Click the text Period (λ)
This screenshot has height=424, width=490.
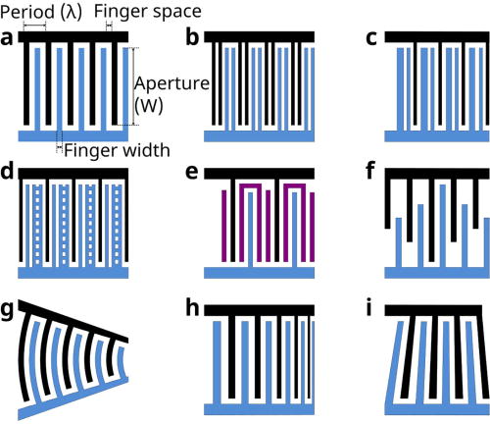(41, 11)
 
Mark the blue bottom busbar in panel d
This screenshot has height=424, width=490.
(73, 271)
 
